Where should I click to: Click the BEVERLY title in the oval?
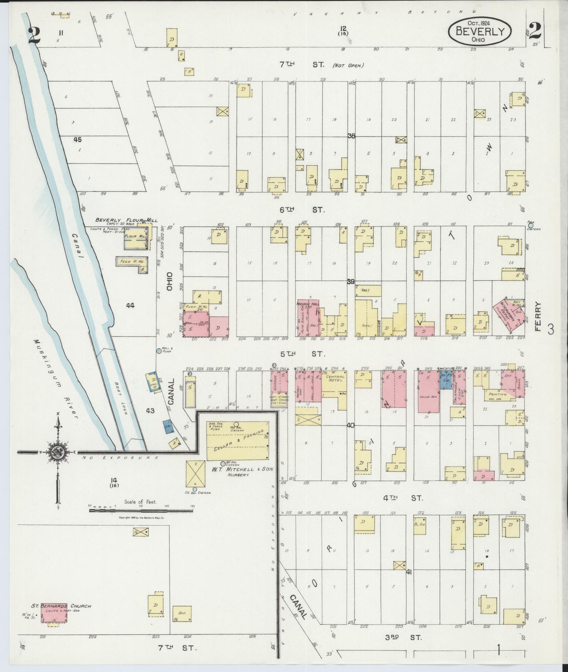[480, 31]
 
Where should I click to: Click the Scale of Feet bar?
[141, 510]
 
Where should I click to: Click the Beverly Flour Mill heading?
[126, 220]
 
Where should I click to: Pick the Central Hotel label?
[335, 379]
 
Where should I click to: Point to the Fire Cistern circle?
[531, 225]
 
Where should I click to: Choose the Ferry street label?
[538, 317]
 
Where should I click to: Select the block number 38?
[351, 136]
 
